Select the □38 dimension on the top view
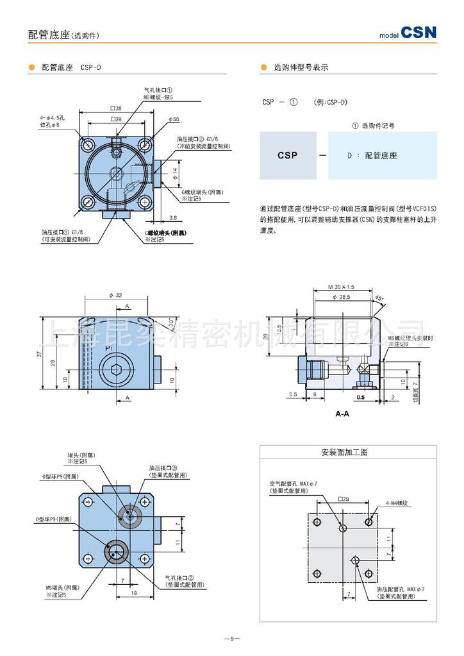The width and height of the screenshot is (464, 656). click(x=115, y=108)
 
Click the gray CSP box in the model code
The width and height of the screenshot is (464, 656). click(x=287, y=155)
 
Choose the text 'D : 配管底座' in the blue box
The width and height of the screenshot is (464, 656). click(x=372, y=155)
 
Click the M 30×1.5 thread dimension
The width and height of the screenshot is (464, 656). click(x=341, y=287)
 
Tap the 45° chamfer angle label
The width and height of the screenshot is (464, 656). click(x=379, y=299)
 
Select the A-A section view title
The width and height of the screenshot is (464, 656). click(x=342, y=414)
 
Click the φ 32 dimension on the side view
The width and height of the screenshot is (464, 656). click(x=115, y=295)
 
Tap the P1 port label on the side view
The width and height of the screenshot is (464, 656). click(x=109, y=348)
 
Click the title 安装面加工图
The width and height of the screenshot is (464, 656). click(x=344, y=452)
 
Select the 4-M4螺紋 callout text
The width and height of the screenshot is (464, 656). click(x=397, y=503)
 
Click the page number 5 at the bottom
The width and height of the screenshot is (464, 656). click(x=231, y=638)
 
